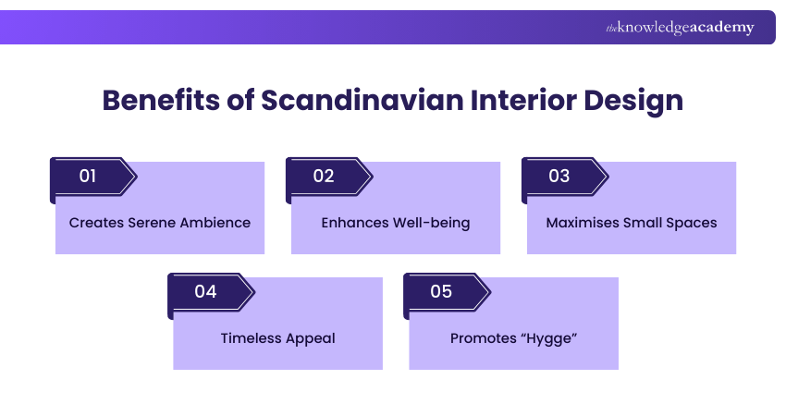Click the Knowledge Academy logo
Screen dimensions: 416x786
[680, 28]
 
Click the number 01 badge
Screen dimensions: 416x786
[88, 176]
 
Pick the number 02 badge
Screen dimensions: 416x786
[324, 176]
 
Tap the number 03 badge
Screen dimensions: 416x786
[559, 176]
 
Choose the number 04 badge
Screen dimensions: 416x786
[205, 291]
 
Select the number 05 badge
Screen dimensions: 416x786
[441, 291]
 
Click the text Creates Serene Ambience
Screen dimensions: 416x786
[160, 223]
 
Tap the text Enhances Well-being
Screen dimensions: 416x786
[396, 223]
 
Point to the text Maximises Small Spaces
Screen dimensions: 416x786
[632, 223]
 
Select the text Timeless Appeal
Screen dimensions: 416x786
[277, 338]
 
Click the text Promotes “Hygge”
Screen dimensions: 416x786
[513, 338]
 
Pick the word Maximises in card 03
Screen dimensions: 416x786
[580, 223]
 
